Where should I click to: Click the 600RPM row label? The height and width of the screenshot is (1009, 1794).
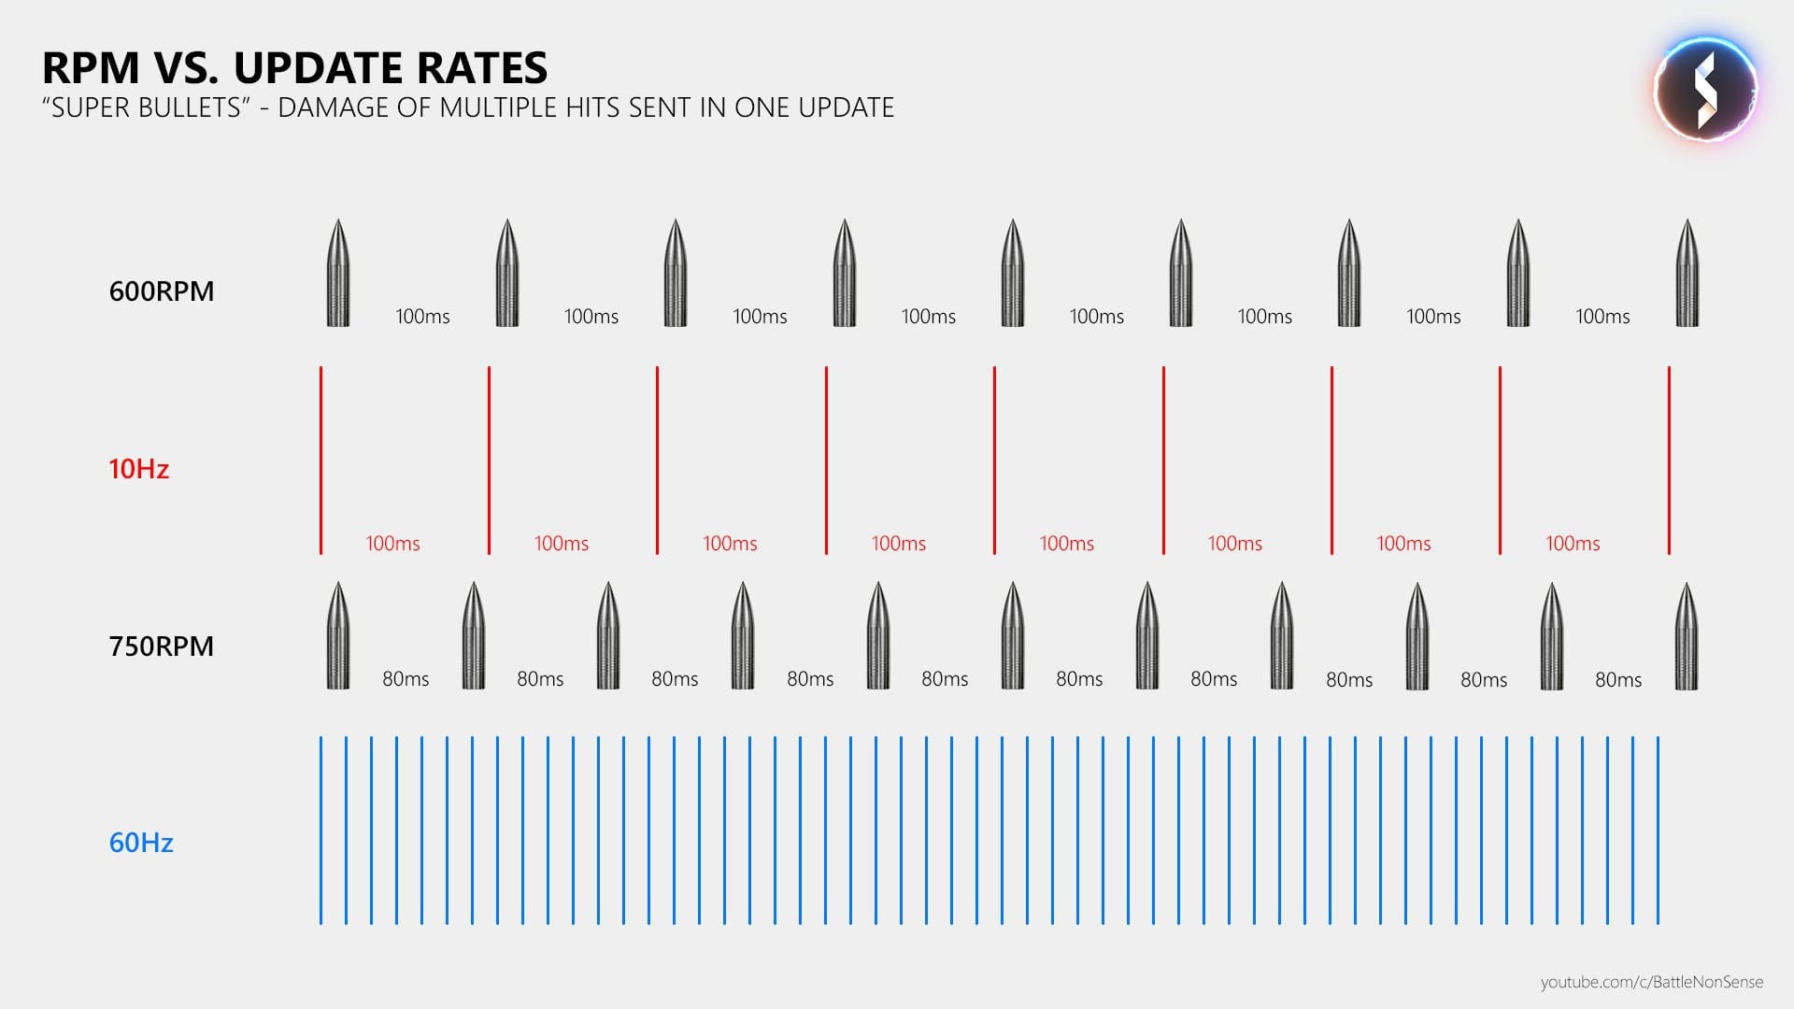tap(162, 291)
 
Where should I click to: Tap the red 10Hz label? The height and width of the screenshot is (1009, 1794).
tap(138, 469)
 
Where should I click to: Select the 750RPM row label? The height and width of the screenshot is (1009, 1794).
tap(162, 647)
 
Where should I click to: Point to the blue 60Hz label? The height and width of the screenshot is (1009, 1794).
tap(141, 843)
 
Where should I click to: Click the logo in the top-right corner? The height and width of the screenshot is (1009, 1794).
tap(1705, 90)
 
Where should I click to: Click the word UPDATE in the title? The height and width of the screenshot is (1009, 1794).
tap(324, 68)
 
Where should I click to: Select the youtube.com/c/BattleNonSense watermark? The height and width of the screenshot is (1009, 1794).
tap(1651, 982)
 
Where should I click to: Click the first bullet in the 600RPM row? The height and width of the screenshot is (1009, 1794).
tap(338, 273)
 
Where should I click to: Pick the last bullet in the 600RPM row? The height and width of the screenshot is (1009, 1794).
tap(1687, 273)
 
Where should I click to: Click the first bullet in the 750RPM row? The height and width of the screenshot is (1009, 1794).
tap(338, 636)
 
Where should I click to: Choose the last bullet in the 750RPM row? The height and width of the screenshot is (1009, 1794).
tap(1687, 636)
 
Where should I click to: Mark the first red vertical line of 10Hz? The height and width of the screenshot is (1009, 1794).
tap(320, 460)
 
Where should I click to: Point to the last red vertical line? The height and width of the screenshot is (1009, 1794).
tap(1669, 460)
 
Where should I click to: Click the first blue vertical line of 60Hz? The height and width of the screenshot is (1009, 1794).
tap(320, 831)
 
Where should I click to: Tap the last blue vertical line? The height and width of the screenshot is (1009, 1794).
tap(1659, 831)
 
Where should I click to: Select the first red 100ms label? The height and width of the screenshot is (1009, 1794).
tap(392, 544)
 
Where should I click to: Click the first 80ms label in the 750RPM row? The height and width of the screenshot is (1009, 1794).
tap(406, 679)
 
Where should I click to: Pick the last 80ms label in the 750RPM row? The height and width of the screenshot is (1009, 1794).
tap(1618, 680)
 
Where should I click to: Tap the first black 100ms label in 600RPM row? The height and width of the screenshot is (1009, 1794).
tap(422, 317)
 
